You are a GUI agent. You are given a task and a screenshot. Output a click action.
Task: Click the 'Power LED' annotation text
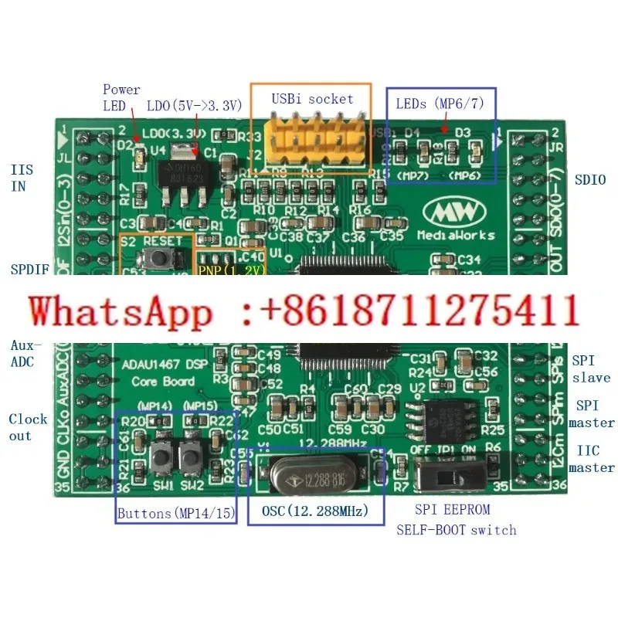coord(122,97)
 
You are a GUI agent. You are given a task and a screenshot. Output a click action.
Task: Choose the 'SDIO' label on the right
coord(590,180)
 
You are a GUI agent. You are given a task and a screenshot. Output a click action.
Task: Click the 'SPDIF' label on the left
coord(29,270)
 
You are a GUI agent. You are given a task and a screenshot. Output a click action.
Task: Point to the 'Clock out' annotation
coord(29,427)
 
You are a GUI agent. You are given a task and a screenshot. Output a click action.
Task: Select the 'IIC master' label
coord(591,459)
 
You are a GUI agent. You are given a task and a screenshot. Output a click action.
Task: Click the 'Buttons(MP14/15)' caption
coord(177,513)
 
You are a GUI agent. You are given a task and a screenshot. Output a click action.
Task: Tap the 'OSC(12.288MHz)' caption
coord(314,511)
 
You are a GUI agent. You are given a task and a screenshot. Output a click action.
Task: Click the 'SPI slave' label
coord(591,369)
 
